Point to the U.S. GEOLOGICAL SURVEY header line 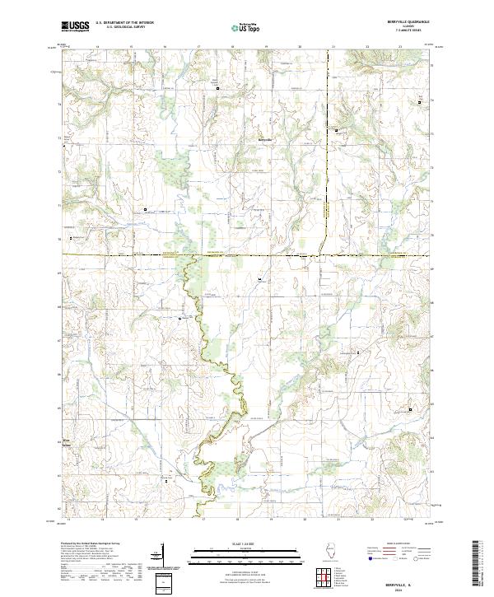(x=124, y=28)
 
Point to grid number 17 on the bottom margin (x=203, y=520)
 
